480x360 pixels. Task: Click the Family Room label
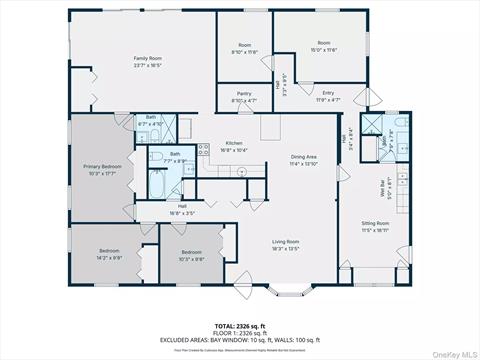148,59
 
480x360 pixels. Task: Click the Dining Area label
304,157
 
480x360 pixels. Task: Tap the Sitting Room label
376,224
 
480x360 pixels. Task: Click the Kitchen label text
234,143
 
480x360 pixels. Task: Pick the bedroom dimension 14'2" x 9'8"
109,256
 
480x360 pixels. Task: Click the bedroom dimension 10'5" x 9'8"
191,258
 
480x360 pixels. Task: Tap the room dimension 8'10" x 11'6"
245,50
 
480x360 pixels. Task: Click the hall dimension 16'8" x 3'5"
181,212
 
